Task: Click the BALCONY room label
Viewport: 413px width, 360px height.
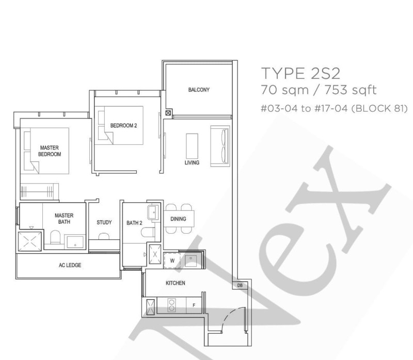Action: pyautogui.click(x=199, y=90)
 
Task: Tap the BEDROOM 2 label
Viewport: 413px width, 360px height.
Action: pyautogui.click(x=123, y=125)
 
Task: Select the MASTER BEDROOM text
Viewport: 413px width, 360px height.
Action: pyautogui.click(x=50, y=151)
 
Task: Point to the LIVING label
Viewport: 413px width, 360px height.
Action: pyautogui.click(x=192, y=162)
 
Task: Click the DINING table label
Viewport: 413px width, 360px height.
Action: pyautogui.click(x=178, y=219)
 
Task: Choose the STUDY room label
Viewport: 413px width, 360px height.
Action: pyautogui.click(x=104, y=222)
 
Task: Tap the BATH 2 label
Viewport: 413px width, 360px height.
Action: pyautogui.click(x=134, y=223)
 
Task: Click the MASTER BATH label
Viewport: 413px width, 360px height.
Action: pyautogui.click(x=64, y=218)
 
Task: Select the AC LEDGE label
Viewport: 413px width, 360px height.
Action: pyautogui.click(x=70, y=265)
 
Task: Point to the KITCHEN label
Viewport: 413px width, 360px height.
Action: pyautogui.click(x=176, y=283)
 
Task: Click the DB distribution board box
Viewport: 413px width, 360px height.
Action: pyautogui.click(x=240, y=285)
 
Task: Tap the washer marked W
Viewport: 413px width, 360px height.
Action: pyautogui.click(x=172, y=260)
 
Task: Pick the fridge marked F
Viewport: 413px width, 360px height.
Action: pyautogui.click(x=194, y=305)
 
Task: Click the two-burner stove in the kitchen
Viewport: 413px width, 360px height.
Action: pyautogui.click(x=172, y=305)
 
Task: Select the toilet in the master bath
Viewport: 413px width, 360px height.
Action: pyautogui.click(x=55, y=237)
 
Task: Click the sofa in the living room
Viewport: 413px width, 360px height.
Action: pyautogui.click(x=220, y=146)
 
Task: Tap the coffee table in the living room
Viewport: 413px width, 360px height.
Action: pyautogui.click(x=192, y=146)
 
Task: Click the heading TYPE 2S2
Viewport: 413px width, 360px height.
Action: pyautogui.click(x=300, y=73)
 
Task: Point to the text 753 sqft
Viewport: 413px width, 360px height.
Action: pyautogui.click(x=351, y=90)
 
